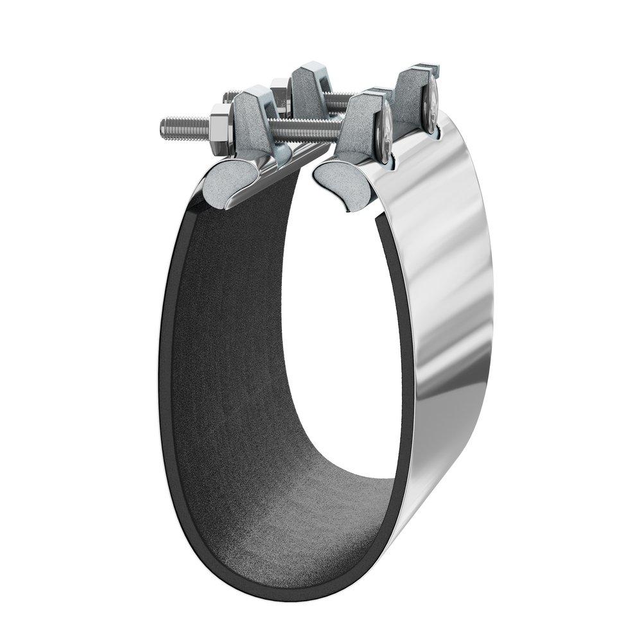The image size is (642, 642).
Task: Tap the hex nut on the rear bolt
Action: [x=280, y=86]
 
